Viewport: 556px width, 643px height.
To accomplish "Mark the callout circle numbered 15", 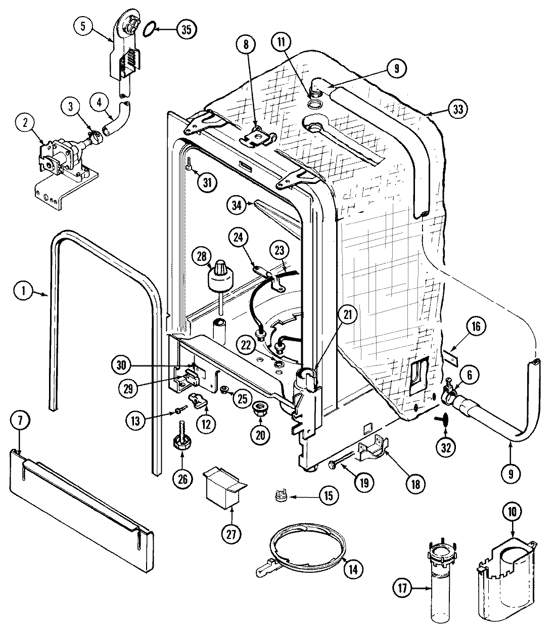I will coord(328,495).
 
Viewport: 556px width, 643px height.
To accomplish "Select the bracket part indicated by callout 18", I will coord(372,449).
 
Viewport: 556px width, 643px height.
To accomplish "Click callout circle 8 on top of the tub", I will coord(246,44).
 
